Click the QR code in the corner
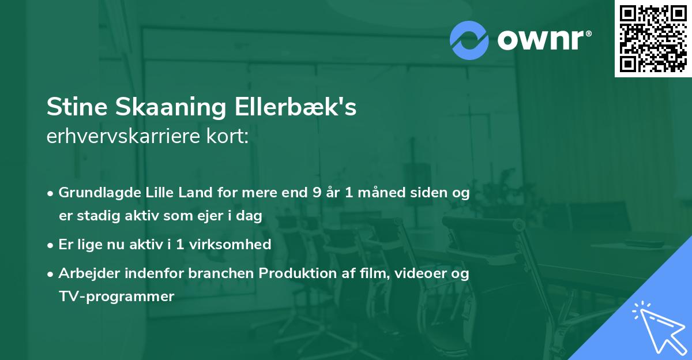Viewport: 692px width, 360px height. [x=653, y=38]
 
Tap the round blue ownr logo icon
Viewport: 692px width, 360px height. [x=469, y=40]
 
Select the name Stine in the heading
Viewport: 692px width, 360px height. [x=78, y=108]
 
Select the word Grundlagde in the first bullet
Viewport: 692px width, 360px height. [x=95, y=193]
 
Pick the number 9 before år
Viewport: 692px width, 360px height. [x=316, y=193]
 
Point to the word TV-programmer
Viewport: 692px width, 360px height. [x=116, y=297]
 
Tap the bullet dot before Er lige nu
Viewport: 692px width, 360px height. [x=51, y=245]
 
